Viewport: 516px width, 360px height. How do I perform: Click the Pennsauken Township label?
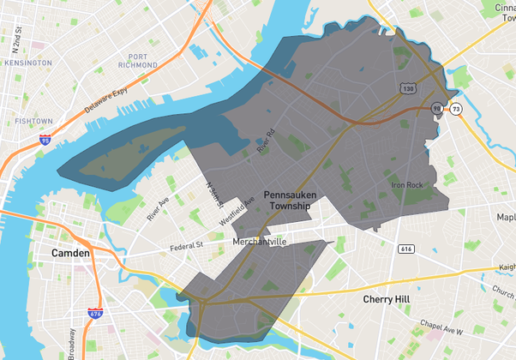tap(290, 201)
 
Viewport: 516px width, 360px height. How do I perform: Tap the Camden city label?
tap(70, 254)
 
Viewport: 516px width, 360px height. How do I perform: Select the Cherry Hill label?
tap(389, 300)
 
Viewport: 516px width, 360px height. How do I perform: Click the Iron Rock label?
tap(407, 185)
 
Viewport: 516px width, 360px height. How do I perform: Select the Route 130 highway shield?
tap(407, 88)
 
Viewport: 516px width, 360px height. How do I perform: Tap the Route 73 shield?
tap(456, 109)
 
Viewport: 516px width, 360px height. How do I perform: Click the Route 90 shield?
tap(438, 109)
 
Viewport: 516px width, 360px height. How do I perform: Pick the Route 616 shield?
tap(406, 249)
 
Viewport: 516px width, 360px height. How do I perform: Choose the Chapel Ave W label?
tap(441, 327)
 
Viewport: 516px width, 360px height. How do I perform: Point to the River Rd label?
tap(267, 141)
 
